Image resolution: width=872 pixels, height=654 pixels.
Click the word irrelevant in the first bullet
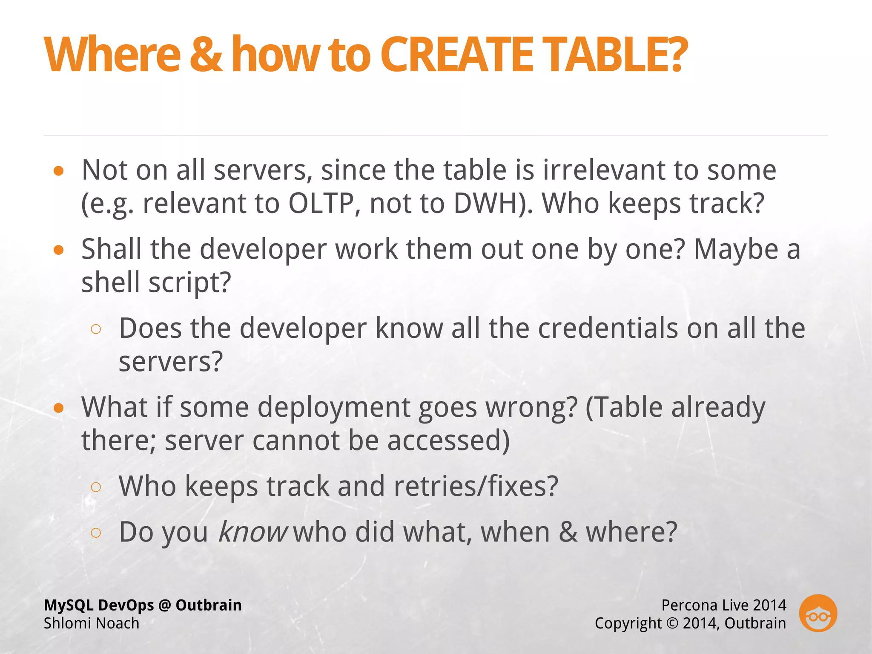click(x=604, y=170)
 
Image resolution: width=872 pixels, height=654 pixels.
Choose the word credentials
click(x=608, y=328)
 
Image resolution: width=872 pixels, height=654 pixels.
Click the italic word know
click(x=253, y=532)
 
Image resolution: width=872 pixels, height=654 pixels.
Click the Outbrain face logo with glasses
click(x=818, y=614)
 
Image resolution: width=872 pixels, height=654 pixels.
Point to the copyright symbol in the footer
click(x=672, y=623)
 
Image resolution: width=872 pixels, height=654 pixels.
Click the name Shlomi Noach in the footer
click(x=92, y=623)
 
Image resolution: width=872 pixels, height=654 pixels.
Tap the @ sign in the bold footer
click(x=164, y=605)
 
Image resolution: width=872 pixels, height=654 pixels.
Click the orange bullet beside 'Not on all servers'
click(x=59, y=171)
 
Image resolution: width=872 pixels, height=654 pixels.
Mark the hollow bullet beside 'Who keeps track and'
click(x=96, y=487)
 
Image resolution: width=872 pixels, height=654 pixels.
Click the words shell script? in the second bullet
click(x=156, y=282)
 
